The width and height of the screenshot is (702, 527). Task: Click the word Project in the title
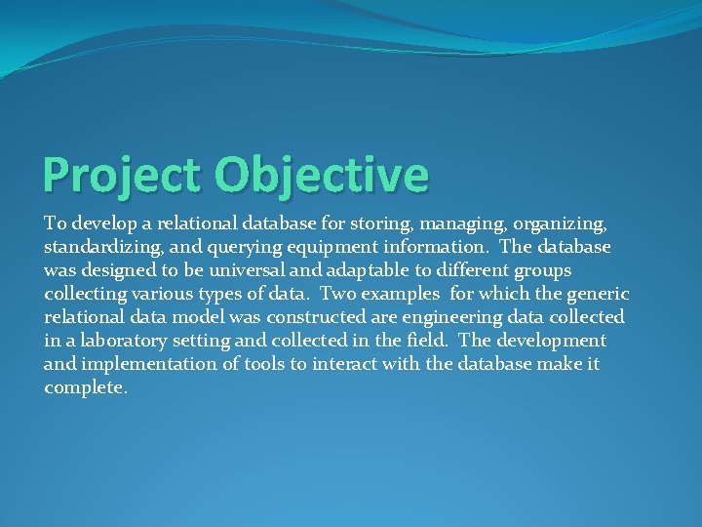(x=124, y=176)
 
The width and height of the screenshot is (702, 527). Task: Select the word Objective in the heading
(x=322, y=176)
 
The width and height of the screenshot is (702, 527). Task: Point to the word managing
(x=436, y=223)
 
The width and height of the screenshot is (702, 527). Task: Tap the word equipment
(x=319, y=246)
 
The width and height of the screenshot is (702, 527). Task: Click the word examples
(x=404, y=293)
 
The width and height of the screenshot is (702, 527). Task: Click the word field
(x=425, y=341)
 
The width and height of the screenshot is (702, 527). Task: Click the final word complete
(x=85, y=387)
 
